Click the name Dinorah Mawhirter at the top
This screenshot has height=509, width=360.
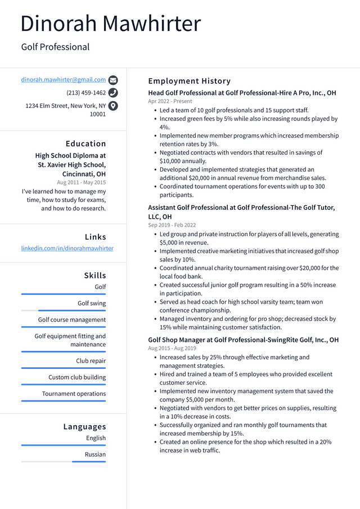pos(110,24)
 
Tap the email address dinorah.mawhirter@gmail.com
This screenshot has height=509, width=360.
pos(64,80)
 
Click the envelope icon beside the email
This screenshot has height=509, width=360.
pos(113,80)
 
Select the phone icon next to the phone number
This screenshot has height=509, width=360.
pos(113,93)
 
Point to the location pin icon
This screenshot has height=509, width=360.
pos(113,106)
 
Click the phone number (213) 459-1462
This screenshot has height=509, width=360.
pos(86,93)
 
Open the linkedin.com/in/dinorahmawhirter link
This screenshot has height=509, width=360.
pos(67,248)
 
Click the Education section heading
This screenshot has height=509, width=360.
pos(85,143)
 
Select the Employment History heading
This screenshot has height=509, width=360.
pos(189,81)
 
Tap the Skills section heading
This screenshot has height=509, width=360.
pos(95,275)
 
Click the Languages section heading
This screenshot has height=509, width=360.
pos(84,426)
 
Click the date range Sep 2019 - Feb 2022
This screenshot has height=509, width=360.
pos(172,225)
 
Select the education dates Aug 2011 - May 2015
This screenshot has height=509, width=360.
pos(81,182)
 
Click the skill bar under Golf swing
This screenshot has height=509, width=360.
pos(64,310)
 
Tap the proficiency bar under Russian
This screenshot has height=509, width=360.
pos(64,462)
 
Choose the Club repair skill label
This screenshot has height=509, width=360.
pos(91,361)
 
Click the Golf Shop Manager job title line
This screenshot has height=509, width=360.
pos(243,340)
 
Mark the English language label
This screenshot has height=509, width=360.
pos(96,438)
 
